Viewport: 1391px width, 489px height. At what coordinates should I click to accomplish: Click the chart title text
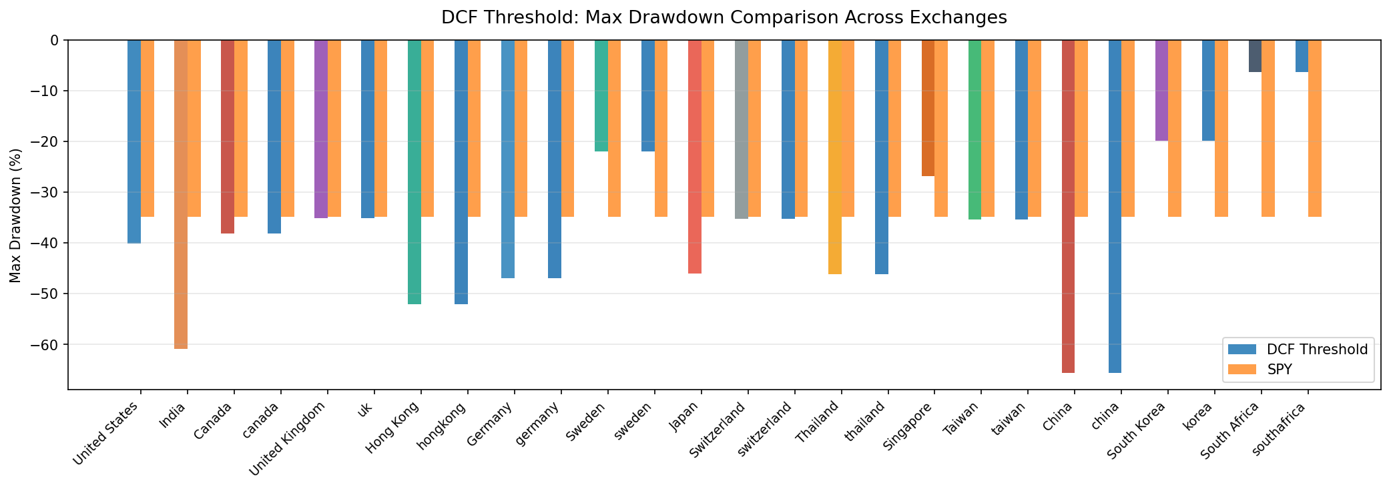pyautogui.click(x=724, y=17)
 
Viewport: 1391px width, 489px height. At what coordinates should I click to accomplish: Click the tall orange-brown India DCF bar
pyautogui.click(x=180, y=193)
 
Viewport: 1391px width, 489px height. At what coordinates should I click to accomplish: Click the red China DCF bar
pyautogui.click(x=1068, y=207)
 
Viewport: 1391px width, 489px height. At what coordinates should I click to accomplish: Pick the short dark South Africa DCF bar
pyautogui.click(x=1255, y=56)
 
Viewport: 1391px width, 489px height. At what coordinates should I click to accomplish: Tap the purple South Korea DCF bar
pyautogui.click(x=1161, y=90)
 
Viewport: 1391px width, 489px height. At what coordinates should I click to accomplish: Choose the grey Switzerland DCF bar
pyautogui.click(x=741, y=129)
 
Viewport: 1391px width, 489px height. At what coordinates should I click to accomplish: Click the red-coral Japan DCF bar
pyautogui.click(x=694, y=157)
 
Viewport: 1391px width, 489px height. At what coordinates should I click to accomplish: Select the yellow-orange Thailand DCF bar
pyautogui.click(x=834, y=157)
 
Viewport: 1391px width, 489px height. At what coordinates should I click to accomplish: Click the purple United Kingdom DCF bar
pyautogui.click(x=321, y=129)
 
